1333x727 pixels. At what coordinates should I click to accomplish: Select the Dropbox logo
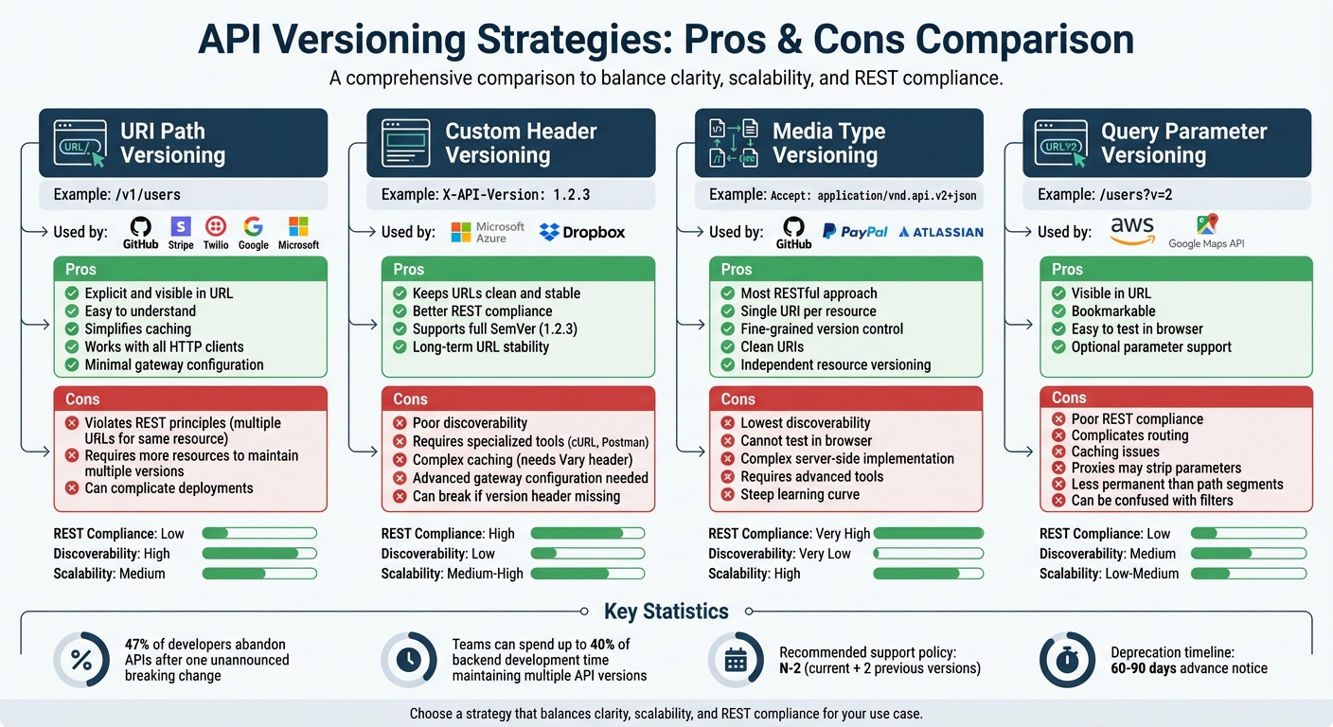tap(581, 232)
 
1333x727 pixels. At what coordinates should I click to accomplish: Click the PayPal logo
tap(855, 231)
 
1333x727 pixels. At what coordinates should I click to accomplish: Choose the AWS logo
tap(1132, 230)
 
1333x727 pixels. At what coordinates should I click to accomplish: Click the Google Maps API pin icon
tap(1206, 225)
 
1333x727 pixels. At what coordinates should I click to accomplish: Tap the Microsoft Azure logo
tap(488, 232)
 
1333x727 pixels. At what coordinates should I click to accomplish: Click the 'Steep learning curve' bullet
tap(799, 494)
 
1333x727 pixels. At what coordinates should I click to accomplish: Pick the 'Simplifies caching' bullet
tap(137, 328)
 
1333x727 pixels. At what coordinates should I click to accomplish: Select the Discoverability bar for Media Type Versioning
tap(928, 554)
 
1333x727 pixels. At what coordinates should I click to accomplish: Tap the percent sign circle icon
tap(81, 660)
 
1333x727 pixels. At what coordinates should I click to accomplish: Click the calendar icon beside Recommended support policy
tap(736, 660)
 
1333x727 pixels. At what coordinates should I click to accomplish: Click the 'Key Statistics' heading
tap(666, 612)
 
